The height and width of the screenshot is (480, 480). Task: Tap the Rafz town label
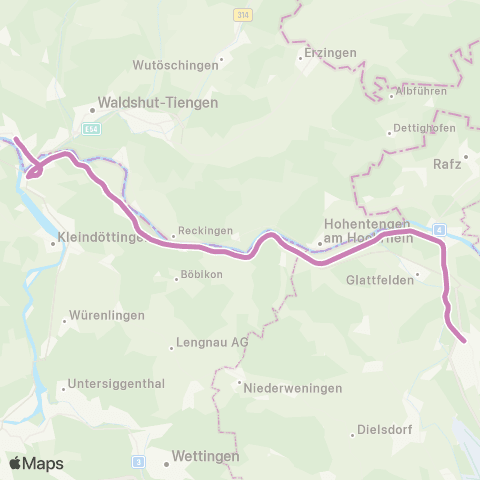(448, 162)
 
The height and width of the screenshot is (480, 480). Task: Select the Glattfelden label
(379, 281)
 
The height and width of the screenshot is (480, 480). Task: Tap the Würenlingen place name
(109, 316)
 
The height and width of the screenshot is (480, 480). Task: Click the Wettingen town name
(205, 456)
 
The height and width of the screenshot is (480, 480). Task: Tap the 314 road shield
(243, 15)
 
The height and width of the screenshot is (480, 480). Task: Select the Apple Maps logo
(36, 464)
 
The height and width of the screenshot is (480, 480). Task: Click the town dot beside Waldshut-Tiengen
(90, 109)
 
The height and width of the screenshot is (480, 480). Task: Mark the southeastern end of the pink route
(464, 341)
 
